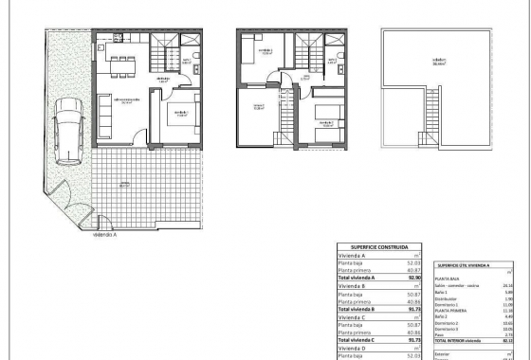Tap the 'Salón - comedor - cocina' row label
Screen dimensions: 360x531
(458, 284)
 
